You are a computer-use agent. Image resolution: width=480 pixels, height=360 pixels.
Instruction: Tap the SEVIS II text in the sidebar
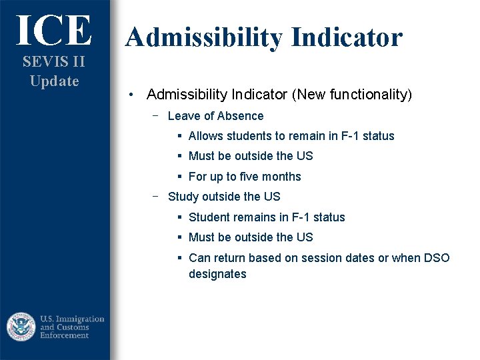coord(54,62)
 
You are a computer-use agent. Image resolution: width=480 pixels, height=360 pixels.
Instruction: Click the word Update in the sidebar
coord(54,81)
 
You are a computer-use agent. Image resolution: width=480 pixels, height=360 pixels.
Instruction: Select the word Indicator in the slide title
coord(345,37)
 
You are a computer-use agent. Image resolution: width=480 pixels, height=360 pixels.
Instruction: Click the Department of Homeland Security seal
coord(21,327)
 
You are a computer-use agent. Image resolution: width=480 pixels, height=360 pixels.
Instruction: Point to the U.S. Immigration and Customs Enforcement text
coord(72,327)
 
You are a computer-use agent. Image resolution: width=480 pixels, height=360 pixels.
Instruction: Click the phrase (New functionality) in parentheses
coord(352,95)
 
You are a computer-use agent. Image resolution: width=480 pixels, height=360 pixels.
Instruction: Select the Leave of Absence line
coord(215,116)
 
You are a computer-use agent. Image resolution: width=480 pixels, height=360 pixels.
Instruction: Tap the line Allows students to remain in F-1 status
coord(291,136)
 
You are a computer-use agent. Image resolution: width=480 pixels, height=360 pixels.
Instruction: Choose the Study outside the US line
coord(224,197)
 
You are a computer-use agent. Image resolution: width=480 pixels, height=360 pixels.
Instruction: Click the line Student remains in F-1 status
coord(267,217)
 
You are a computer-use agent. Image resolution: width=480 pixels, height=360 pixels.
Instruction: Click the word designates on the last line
coord(217,274)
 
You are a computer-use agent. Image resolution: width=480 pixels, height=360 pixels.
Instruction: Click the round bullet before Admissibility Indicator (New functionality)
coord(133,95)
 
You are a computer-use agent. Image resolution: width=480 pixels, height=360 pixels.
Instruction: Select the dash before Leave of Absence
coord(155,115)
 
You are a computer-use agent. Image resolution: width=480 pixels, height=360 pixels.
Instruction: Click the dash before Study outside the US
coord(155,196)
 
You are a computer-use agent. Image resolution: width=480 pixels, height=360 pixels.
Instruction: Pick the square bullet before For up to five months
coord(180,177)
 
